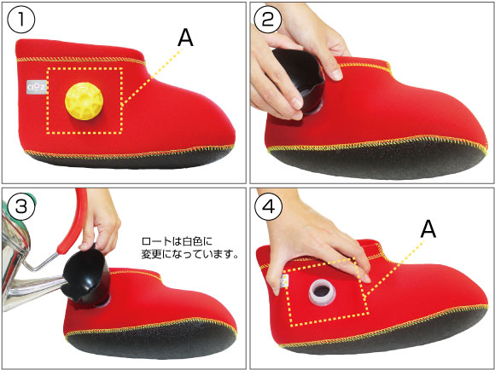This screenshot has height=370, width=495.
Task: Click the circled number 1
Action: tap(21, 20)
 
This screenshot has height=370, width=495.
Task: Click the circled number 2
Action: tap(268, 20)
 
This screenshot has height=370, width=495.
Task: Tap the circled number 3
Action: tap(20, 206)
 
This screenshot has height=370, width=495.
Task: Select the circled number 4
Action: tap(269, 206)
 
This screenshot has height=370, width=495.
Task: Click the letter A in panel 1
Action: tap(185, 38)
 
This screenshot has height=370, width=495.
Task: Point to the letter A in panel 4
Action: tap(428, 229)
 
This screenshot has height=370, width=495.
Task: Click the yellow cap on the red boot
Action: tap(84, 101)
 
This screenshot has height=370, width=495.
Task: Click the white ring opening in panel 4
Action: tap(323, 292)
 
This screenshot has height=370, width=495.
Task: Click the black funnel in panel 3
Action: tap(85, 275)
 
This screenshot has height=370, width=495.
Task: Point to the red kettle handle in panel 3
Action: tap(73, 221)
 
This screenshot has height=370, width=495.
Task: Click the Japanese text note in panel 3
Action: tap(189, 248)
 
